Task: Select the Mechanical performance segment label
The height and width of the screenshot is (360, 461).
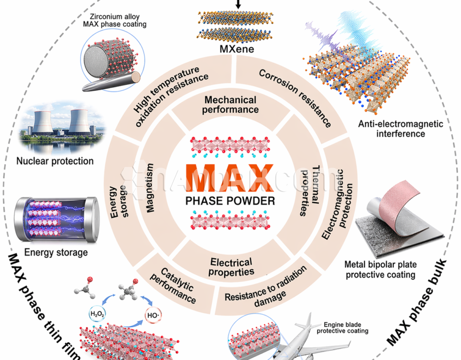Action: (230, 105)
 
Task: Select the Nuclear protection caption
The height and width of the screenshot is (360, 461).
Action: (55, 161)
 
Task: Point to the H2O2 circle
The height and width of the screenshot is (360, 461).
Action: (97, 315)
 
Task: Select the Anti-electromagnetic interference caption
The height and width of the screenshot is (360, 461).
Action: (400, 129)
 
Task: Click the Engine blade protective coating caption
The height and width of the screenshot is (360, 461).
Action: (345, 327)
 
